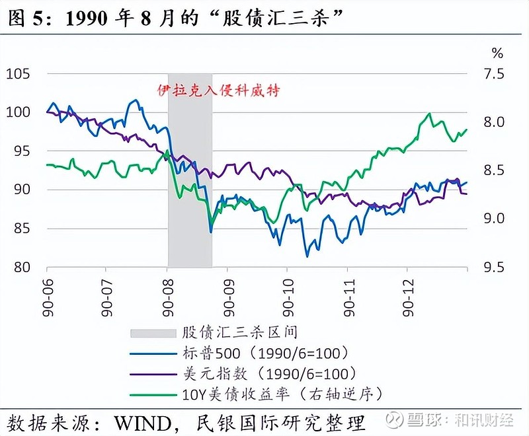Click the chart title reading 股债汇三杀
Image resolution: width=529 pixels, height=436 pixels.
179,18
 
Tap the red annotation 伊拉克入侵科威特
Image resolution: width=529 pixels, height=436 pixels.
218,91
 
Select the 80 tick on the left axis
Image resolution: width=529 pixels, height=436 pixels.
22,268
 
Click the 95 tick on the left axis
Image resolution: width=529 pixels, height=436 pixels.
22,151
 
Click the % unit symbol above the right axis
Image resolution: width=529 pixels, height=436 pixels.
497,52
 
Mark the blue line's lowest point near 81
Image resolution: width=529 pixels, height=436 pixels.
307,256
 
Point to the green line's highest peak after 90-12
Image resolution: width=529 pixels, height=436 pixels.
429,114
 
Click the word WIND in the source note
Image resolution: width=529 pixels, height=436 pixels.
142,421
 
